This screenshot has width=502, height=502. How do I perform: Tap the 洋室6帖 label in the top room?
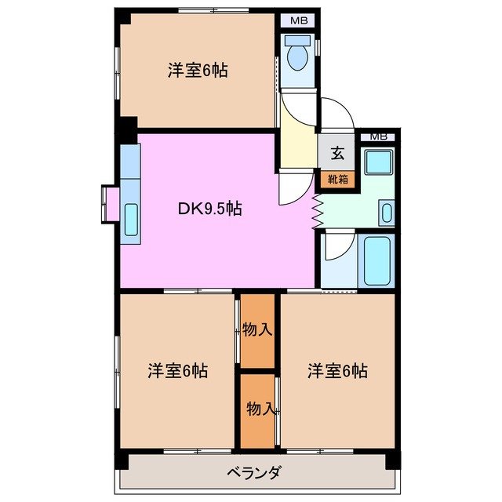point(197,71)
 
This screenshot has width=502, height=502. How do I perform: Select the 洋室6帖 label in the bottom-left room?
point(177,370)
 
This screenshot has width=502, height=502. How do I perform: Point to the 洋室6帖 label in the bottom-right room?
point(337,370)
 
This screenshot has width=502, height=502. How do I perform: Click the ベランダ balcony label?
point(254,473)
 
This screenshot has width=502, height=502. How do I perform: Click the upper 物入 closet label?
point(257,329)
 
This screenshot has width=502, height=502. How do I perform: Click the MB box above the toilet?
point(299,21)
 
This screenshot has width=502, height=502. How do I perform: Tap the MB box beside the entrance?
point(379,136)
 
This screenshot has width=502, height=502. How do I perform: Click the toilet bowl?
point(297,56)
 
